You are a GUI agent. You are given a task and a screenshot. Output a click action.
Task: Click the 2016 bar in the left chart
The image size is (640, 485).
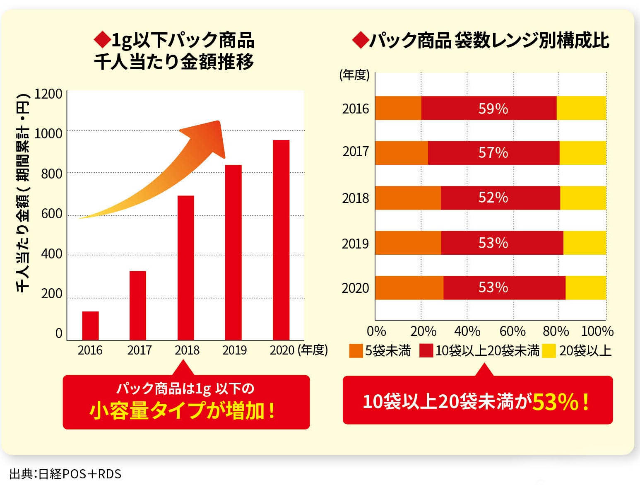point(90,326)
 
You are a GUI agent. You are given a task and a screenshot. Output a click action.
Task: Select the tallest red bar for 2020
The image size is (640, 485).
point(281,240)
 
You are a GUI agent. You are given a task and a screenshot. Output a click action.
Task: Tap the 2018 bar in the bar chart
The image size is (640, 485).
point(185,268)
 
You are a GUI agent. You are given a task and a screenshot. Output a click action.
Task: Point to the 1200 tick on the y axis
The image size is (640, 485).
point(48,94)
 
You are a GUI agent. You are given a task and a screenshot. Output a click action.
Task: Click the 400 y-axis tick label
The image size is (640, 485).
point(52,253)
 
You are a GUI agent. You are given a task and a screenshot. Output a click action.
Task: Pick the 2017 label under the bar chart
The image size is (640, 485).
point(140,350)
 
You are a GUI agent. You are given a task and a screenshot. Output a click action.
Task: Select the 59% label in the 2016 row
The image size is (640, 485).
point(493,109)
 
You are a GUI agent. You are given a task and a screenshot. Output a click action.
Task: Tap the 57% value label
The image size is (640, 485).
point(493,153)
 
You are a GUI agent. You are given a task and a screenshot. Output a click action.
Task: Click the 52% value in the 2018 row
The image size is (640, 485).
point(493,198)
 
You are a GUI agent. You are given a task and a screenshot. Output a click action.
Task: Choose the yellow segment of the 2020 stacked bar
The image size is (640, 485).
point(586,287)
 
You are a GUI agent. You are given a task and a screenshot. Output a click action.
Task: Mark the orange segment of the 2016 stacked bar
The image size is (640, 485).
point(398,108)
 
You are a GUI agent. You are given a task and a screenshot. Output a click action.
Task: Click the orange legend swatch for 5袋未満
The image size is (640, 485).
point(356,351)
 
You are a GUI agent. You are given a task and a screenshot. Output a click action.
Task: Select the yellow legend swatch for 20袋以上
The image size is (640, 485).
point(549,351)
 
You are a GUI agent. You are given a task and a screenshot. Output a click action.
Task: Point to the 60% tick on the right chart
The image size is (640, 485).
point(512,331)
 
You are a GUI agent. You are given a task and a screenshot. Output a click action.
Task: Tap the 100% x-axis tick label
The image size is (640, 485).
point(597,331)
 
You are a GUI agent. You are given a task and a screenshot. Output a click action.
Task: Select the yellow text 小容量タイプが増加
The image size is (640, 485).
point(183,410)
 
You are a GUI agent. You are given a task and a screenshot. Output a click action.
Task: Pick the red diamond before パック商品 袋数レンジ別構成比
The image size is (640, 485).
point(360,41)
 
